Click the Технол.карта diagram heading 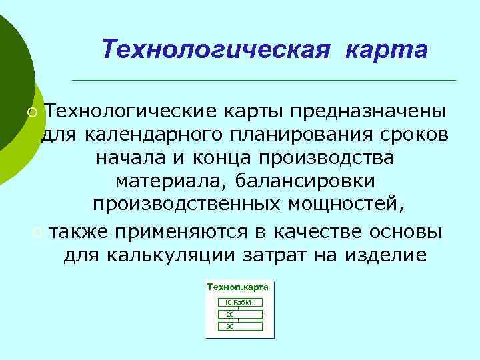[x=238, y=287]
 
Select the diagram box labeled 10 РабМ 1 [x=240, y=303]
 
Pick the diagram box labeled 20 [x=240, y=314]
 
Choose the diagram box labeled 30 [x=240, y=326]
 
